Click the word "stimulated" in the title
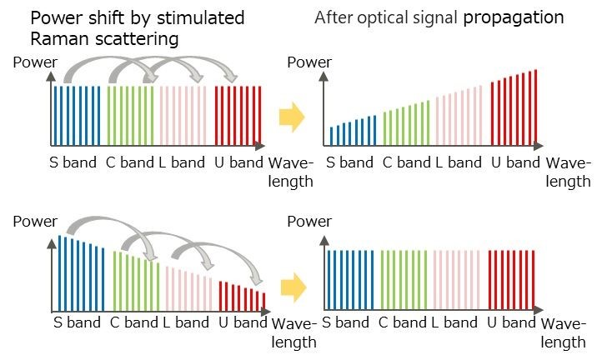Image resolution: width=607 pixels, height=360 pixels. [x=200, y=17]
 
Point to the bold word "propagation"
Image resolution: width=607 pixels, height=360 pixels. [x=514, y=17]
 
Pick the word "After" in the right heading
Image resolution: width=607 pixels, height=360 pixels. [x=334, y=17]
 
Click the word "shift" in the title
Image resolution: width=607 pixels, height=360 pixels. [x=133, y=17]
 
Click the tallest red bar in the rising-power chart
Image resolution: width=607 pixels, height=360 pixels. [x=536, y=107]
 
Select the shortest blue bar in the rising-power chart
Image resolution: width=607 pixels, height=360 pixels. [x=331, y=137]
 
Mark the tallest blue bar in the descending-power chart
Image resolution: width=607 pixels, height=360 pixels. [x=60, y=273]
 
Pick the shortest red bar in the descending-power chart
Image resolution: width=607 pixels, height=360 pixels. [x=264, y=302]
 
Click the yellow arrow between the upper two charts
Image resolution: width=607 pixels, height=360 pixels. [x=292, y=117]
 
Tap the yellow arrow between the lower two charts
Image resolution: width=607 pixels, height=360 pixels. [x=293, y=287]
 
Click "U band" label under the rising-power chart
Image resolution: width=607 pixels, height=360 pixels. [x=515, y=162]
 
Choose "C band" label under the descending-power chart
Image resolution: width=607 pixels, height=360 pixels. [x=134, y=322]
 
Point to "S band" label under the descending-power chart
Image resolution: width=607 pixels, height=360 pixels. [x=77, y=322]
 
